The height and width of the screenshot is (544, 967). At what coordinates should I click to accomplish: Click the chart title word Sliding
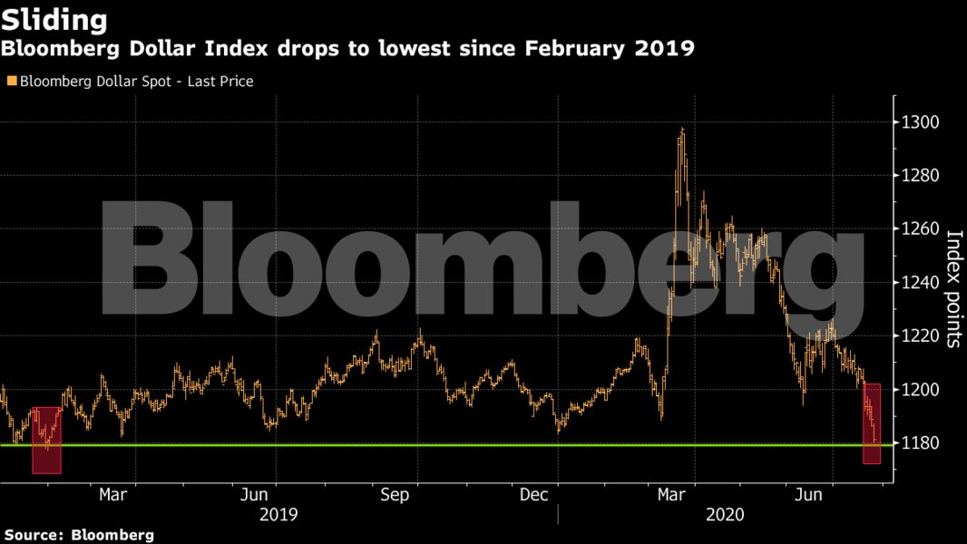pyautogui.click(x=54, y=19)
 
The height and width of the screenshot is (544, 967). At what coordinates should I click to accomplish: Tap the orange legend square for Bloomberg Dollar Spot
pyautogui.click(x=12, y=82)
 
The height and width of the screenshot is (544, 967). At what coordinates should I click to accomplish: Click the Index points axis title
pyautogui.click(x=953, y=288)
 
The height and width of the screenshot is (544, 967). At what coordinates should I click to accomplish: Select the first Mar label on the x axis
pyautogui.click(x=112, y=495)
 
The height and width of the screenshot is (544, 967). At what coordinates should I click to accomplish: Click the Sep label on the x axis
pyautogui.click(x=396, y=495)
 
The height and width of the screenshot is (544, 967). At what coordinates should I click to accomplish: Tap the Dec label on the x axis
pyautogui.click(x=535, y=495)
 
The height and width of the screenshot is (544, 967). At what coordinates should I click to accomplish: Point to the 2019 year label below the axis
pyautogui.click(x=278, y=515)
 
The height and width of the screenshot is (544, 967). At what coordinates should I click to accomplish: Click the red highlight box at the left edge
pyautogui.click(x=46, y=440)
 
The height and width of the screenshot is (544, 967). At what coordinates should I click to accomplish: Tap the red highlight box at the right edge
pyautogui.click(x=872, y=423)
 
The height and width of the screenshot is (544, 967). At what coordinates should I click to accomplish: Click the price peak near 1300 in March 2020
pyautogui.click(x=681, y=130)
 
